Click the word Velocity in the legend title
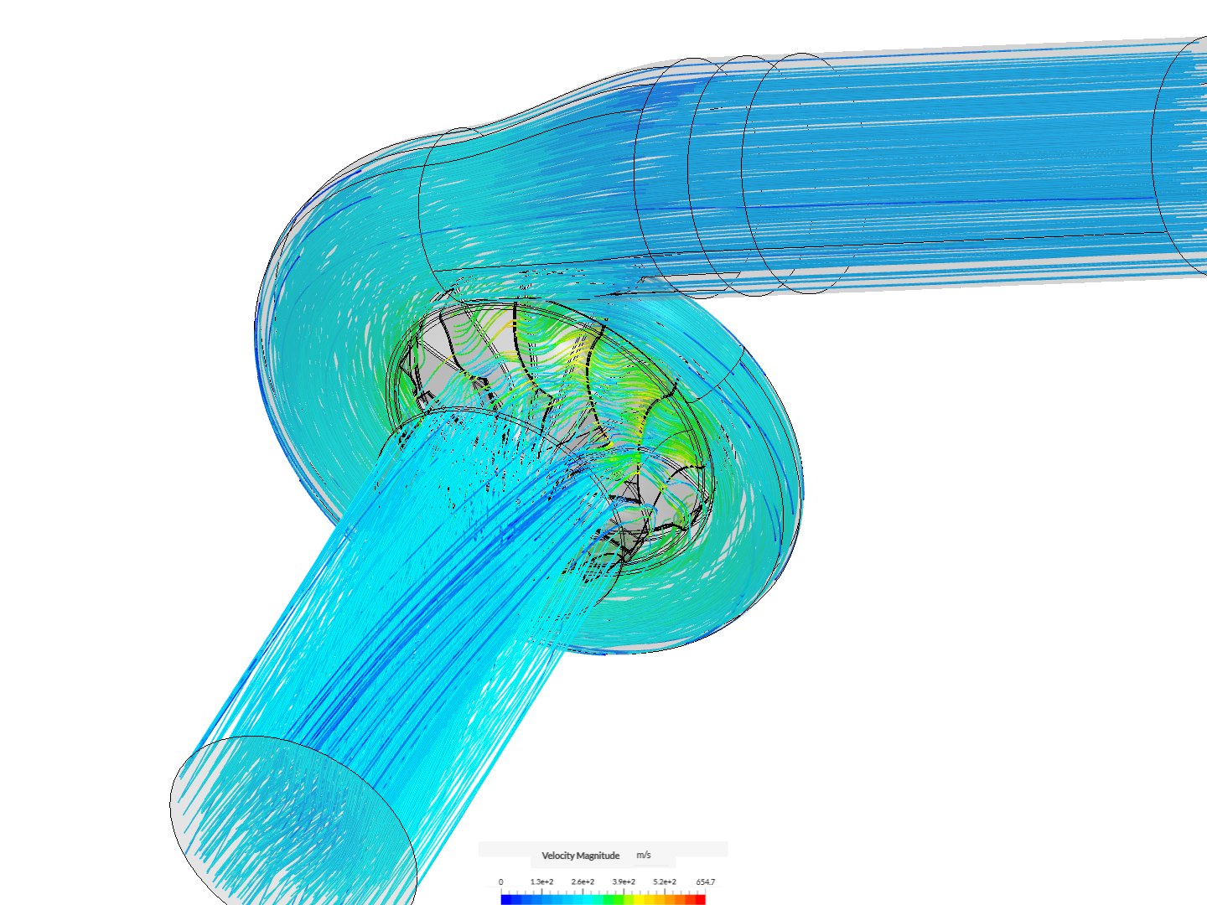558,856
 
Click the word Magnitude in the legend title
598,856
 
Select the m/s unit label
643,855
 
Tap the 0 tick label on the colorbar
501,882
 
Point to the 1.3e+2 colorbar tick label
541,882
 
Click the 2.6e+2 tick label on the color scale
583,882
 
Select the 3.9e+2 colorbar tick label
624,882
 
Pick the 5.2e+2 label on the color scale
665,882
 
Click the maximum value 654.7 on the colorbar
705,882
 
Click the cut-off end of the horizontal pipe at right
1182,155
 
